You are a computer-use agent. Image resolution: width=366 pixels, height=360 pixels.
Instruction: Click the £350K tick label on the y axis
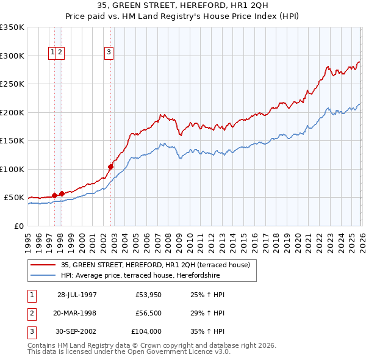(12, 27)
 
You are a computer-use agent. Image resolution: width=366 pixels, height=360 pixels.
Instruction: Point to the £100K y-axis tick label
(12, 169)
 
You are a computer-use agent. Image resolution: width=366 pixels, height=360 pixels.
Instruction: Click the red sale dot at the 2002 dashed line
(111, 167)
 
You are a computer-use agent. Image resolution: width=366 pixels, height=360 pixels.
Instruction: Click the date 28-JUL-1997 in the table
(77, 295)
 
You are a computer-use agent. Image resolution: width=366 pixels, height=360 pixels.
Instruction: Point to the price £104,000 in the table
(146, 332)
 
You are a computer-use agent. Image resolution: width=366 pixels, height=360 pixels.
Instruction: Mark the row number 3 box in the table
(32, 332)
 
